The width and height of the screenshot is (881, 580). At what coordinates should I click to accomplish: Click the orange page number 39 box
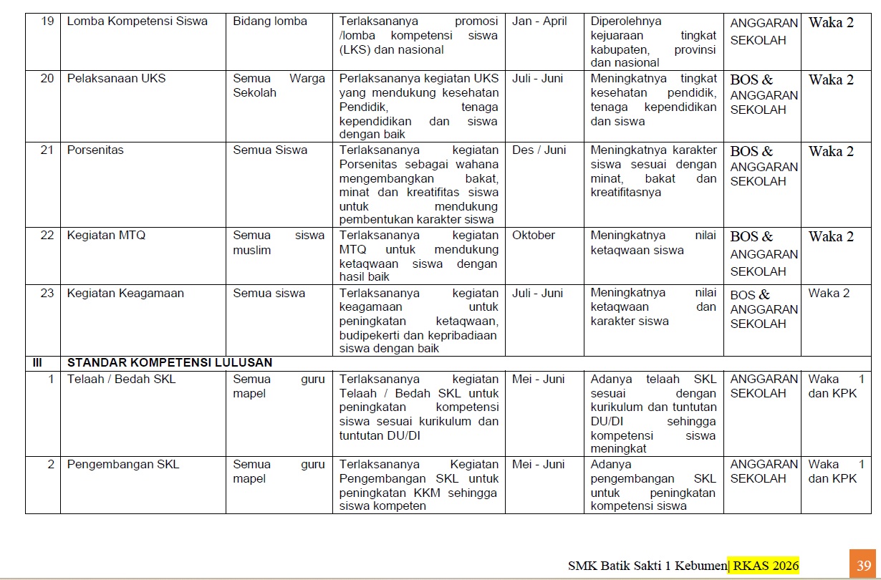click(863, 566)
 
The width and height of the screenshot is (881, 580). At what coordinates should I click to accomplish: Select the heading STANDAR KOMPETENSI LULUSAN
click(169, 363)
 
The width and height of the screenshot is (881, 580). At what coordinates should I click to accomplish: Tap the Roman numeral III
click(37, 363)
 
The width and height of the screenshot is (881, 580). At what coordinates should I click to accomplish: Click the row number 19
click(47, 21)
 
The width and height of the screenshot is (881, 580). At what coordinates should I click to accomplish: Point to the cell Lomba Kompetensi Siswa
click(137, 21)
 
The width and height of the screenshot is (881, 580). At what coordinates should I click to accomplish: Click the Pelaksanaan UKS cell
click(116, 79)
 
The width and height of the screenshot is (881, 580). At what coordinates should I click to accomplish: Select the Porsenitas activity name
click(95, 150)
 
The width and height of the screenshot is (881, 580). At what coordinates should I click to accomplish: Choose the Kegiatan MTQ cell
click(106, 236)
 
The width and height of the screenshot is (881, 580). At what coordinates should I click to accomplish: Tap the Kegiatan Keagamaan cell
click(125, 293)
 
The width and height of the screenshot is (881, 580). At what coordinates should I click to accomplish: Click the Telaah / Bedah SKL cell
click(121, 380)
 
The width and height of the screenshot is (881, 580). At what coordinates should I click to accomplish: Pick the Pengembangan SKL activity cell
click(122, 465)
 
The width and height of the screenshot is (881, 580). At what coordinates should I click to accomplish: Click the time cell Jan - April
click(539, 21)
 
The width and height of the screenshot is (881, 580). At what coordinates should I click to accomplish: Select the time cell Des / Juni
click(539, 150)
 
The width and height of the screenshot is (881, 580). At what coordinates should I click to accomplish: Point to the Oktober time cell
click(534, 236)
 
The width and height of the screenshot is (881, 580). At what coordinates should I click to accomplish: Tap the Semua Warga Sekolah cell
click(279, 86)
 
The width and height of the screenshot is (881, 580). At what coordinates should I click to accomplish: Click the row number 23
click(47, 293)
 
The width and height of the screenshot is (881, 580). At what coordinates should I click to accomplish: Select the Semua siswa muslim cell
click(279, 243)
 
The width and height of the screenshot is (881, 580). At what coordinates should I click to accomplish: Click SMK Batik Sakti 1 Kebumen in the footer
click(647, 566)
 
